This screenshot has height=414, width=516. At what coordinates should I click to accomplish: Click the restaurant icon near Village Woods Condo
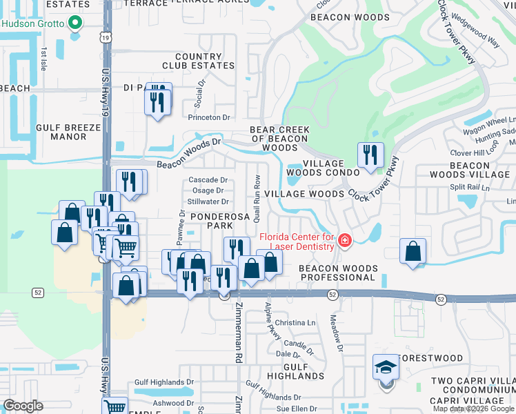(x=370, y=155)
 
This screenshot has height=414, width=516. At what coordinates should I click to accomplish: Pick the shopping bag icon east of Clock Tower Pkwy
(x=413, y=252)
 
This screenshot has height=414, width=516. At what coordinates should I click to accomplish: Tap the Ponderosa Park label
(x=211, y=220)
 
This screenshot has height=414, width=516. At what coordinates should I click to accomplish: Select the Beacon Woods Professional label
(x=338, y=273)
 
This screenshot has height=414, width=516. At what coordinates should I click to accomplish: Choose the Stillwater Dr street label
(x=208, y=202)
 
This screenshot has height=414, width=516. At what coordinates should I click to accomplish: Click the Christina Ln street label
(x=295, y=323)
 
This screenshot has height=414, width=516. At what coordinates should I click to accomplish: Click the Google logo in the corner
(x=23, y=406)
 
